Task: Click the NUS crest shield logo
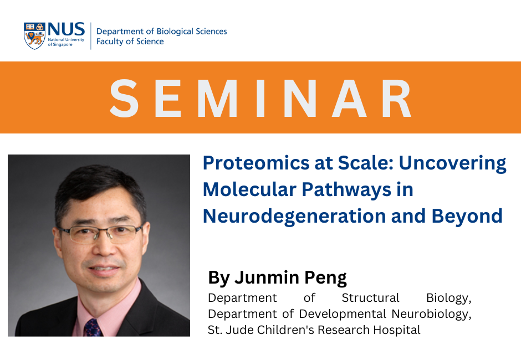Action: pyautogui.click(x=35, y=35)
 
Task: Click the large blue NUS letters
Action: pyautogui.click(x=67, y=29)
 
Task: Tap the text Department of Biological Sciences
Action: pyautogui.click(x=161, y=32)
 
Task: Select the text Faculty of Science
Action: pyautogui.click(x=130, y=42)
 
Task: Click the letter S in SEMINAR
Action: pyautogui.click(x=125, y=98)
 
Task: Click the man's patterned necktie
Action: pyautogui.click(x=93, y=327)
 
